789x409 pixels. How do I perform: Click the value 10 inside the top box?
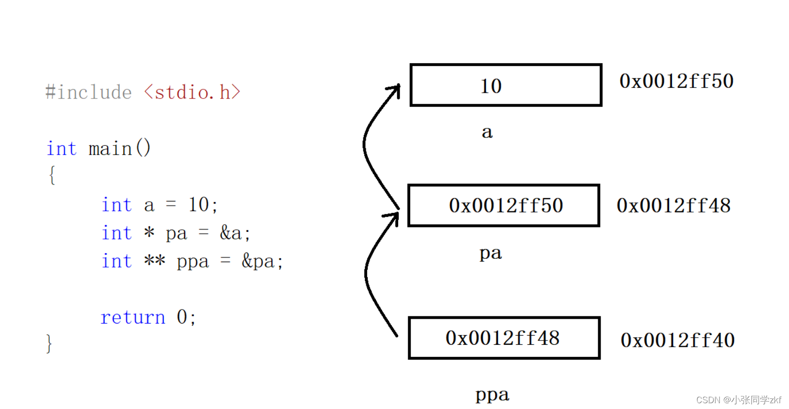click(491, 86)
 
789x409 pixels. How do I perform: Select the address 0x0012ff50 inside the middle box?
click(506, 206)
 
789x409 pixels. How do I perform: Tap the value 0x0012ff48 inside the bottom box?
click(502, 338)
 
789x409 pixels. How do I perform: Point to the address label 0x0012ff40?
click(677, 340)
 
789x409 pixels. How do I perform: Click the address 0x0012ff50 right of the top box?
click(676, 81)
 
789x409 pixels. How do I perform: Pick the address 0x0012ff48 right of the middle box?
click(674, 206)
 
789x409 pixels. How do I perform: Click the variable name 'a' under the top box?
click(487, 132)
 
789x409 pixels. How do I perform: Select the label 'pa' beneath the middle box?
click(490, 253)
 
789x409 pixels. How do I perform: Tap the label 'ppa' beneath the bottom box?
click(492, 395)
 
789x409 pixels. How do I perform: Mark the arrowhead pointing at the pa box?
click(394, 216)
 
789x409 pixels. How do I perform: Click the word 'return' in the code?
click(132, 317)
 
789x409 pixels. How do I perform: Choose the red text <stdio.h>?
click(192, 92)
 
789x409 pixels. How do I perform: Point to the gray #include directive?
click(88, 92)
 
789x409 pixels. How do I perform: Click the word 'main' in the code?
click(110, 148)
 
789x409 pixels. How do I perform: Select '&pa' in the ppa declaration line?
click(258, 261)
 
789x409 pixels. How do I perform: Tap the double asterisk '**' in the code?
click(155, 261)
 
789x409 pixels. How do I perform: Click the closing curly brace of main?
click(49, 344)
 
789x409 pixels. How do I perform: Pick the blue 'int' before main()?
click(61, 148)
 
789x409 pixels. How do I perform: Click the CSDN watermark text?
click(738, 400)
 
